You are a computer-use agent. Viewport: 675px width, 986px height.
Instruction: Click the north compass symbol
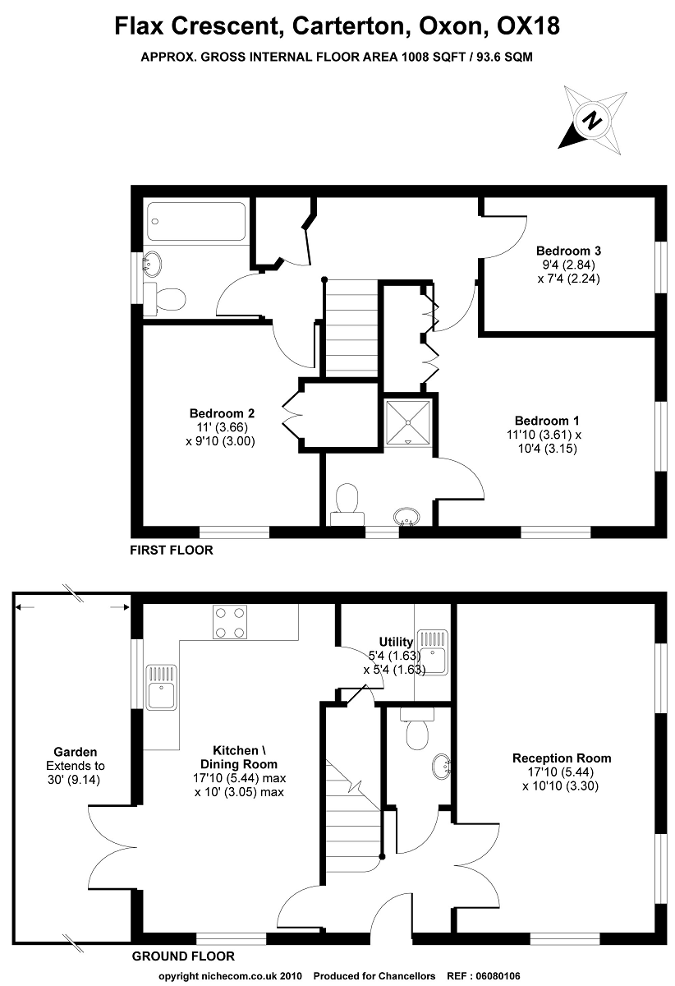click(590, 122)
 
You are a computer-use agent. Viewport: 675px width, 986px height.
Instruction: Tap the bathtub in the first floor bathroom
click(196, 220)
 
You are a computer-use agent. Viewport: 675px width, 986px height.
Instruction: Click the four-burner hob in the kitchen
click(230, 621)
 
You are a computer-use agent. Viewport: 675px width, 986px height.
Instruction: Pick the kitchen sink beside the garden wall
click(162, 686)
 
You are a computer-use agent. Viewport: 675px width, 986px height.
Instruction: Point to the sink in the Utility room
click(431, 652)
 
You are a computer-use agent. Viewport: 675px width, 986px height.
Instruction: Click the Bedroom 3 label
click(564, 250)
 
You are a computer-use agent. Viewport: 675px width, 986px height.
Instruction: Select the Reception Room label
click(562, 758)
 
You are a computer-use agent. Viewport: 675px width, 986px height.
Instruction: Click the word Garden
click(76, 751)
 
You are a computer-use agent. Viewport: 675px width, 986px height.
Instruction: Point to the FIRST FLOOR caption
click(172, 551)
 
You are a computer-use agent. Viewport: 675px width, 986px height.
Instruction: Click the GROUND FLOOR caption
click(183, 956)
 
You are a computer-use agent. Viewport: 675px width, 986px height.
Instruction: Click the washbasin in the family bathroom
click(152, 265)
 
